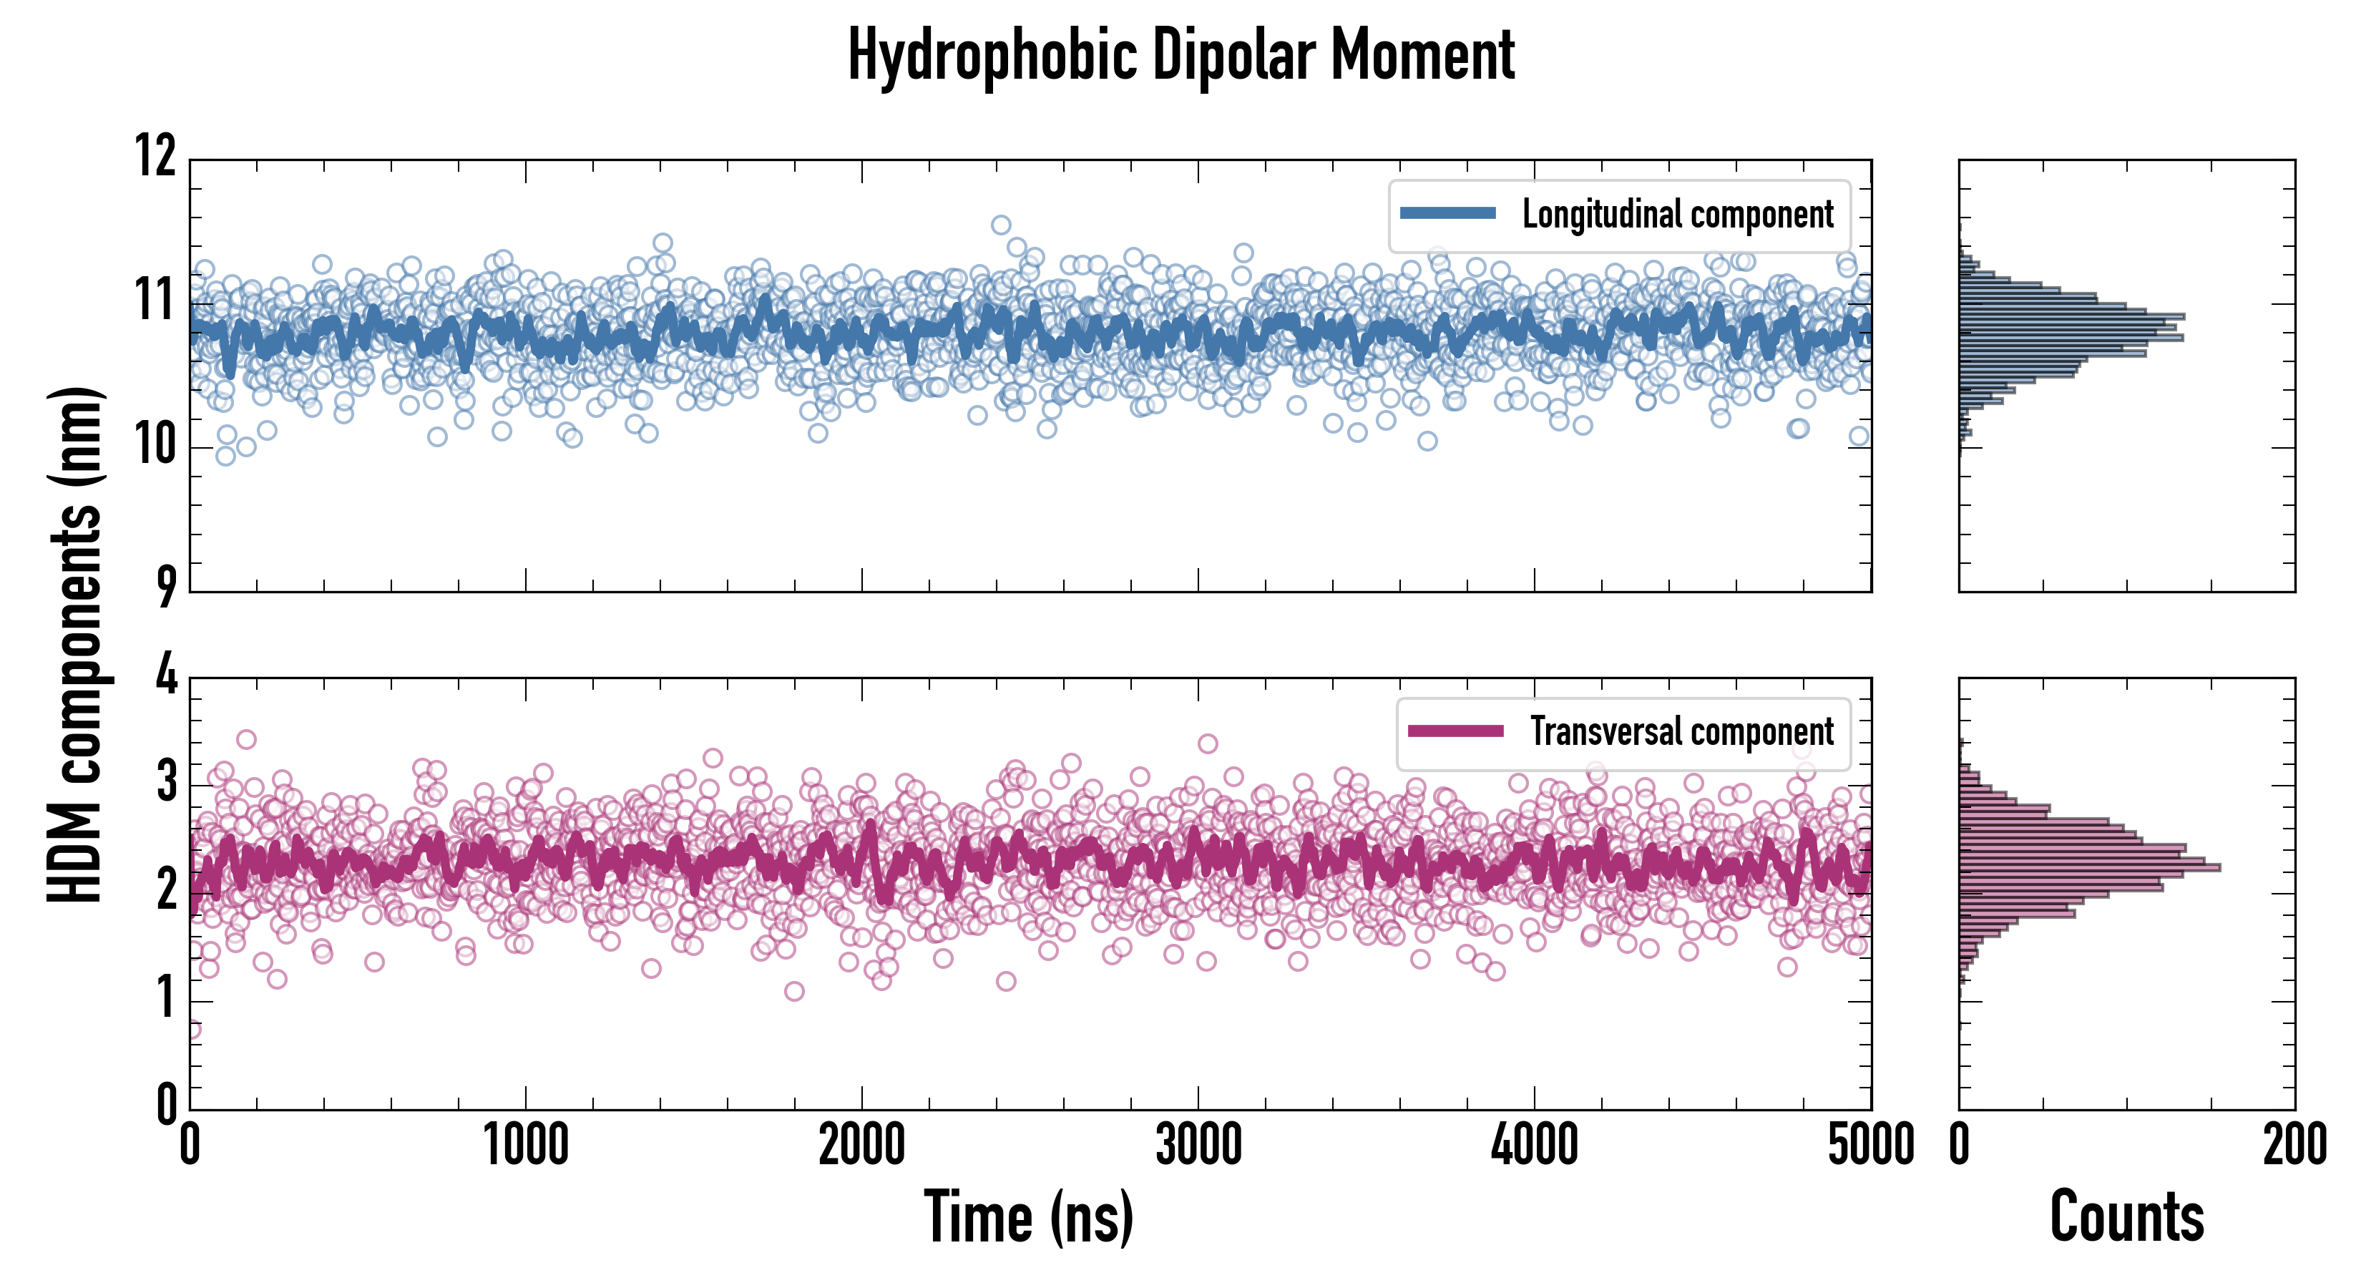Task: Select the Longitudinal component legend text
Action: pos(1677,215)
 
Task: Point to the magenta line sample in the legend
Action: pos(1455,731)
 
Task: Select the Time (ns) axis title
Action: pos(1028,1216)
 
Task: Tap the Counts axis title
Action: pos(2126,1216)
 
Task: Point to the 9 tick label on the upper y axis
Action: pos(165,587)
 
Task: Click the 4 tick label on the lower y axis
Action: pos(166,676)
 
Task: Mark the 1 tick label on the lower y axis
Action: pos(166,997)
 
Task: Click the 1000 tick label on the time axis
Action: pos(525,1146)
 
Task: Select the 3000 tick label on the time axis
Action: pos(1198,1146)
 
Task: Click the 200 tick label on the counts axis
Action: pos(2294,1146)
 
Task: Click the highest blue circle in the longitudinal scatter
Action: pos(1001,225)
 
